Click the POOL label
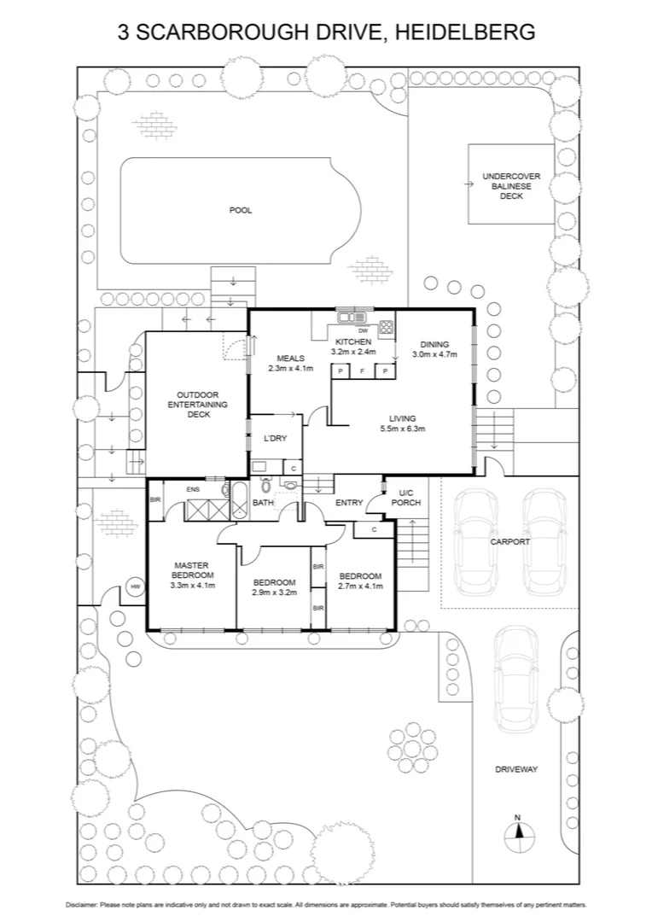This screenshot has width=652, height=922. [241, 210]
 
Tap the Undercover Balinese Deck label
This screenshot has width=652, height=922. [511, 186]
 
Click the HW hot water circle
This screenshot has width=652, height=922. [135, 586]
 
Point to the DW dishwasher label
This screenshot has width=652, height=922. [363, 330]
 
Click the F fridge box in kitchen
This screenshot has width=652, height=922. [363, 371]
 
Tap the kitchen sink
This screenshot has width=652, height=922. [349, 318]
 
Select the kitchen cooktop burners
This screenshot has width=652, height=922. [385, 325]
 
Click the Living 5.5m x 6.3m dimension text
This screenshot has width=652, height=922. [402, 429]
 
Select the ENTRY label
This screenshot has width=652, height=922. [349, 502]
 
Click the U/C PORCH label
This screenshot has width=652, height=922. [405, 498]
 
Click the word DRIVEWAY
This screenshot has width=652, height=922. [516, 769]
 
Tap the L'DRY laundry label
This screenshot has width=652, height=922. [275, 438]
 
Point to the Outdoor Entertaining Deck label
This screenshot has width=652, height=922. [197, 404]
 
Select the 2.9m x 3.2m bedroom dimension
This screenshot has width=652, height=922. [275, 592]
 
